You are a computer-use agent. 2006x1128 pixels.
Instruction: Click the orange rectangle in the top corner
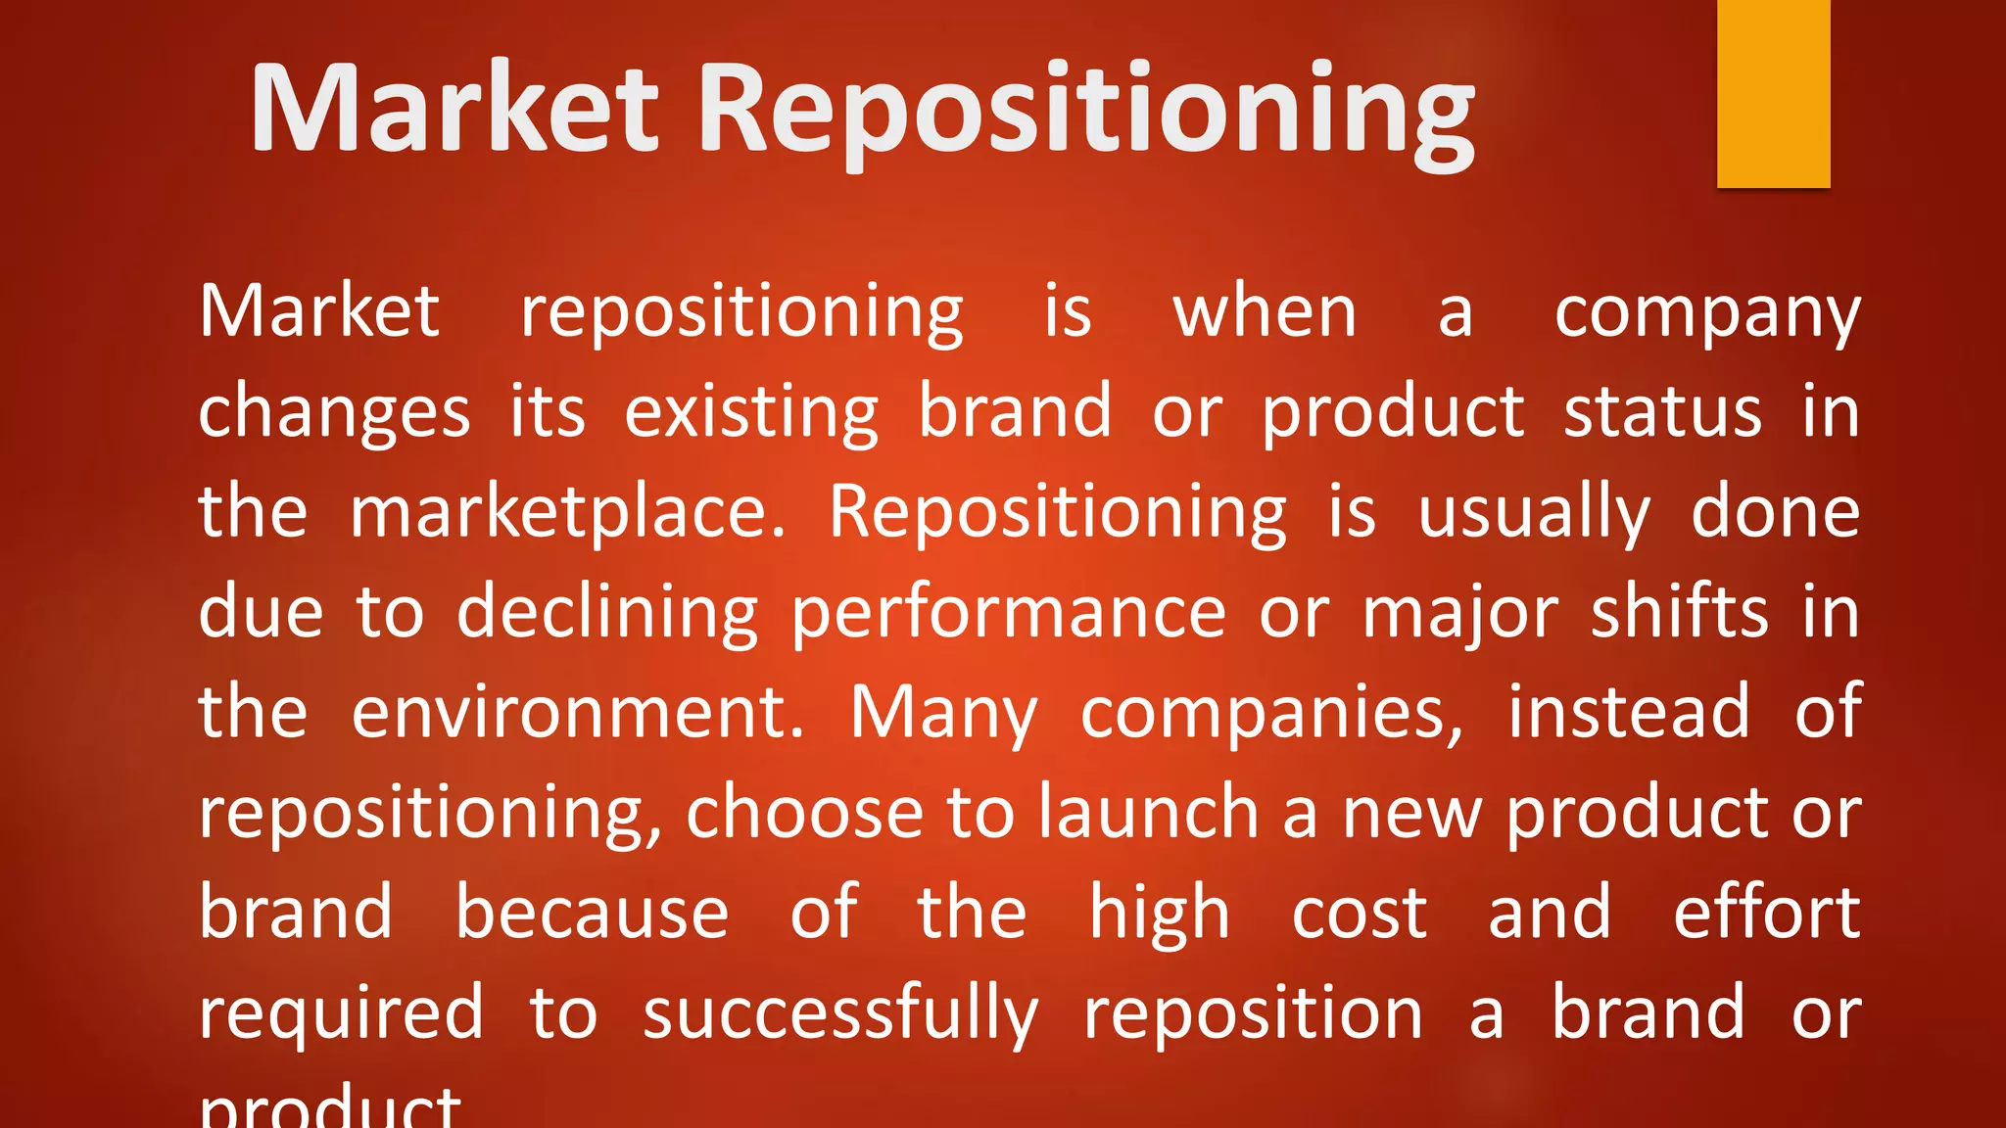(x=1773, y=93)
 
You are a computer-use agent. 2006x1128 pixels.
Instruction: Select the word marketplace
(x=567, y=513)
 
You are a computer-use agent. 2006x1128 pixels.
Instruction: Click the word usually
(x=1534, y=513)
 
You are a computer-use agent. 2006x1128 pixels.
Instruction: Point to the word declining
(x=607, y=614)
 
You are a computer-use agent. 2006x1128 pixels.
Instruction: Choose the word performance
(x=1008, y=614)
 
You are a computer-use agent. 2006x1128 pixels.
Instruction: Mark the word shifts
(x=1679, y=614)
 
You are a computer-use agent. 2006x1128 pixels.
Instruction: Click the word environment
(x=577, y=713)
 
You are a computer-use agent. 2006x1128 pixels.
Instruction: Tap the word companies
(x=1271, y=713)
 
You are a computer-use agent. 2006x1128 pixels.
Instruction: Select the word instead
(x=1628, y=713)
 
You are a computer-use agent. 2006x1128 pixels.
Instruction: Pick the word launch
(x=1148, y=814)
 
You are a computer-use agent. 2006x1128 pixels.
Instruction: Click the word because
(x=592, y=914)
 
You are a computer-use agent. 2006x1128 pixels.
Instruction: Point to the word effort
(x=1766, y=914)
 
